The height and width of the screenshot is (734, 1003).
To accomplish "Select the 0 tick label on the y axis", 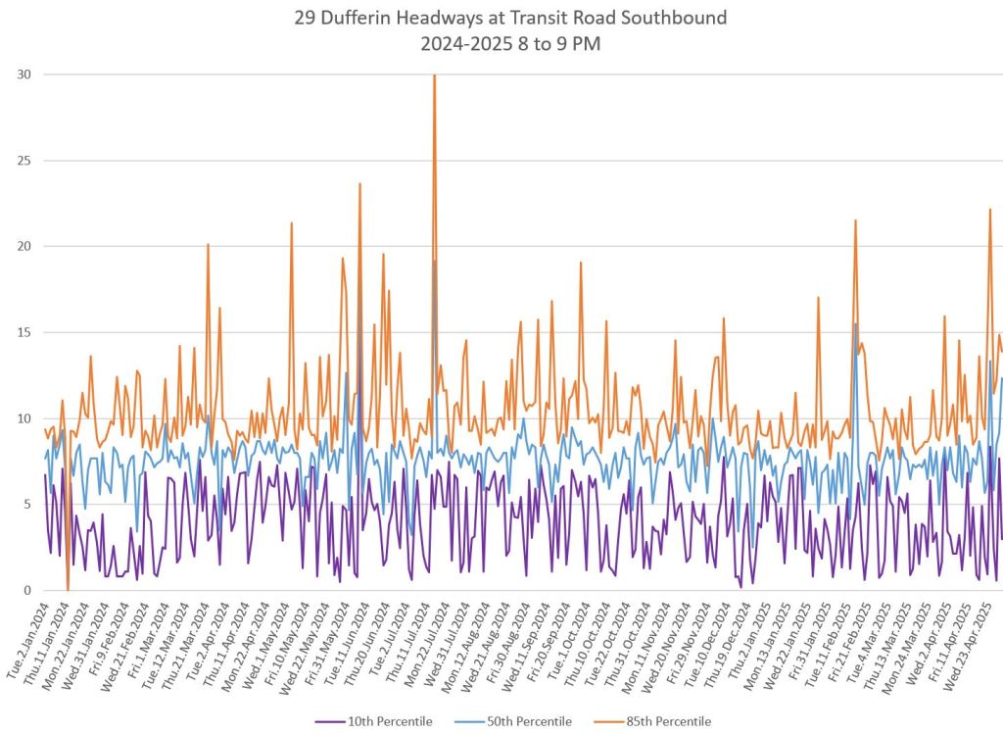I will (26, 590).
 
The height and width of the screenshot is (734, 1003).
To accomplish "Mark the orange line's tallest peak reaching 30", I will (434, 76).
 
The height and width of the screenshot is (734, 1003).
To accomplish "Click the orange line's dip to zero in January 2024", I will (68, 588).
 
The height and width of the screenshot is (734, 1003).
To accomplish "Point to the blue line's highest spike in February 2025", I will (855, 324).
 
